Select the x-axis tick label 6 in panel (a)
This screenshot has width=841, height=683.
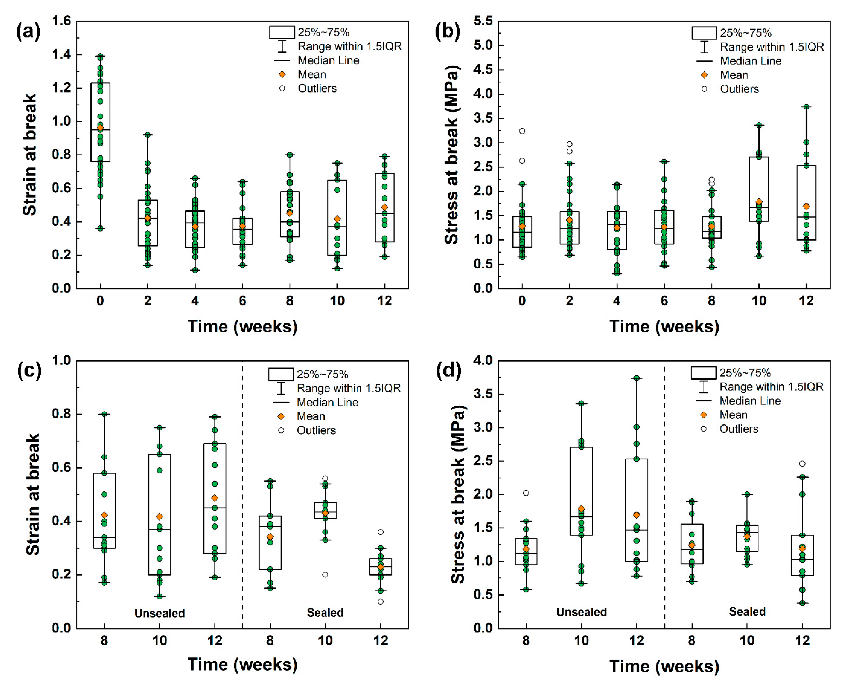pos(242,301)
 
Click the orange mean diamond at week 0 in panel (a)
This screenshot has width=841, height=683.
pos(100,128)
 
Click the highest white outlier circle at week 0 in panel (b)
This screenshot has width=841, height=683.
pos(522,131)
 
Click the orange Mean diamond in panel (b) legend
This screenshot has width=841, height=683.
pos(704,75)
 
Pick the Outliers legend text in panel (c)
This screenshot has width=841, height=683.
pos(316,430)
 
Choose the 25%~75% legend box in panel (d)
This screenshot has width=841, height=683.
pos(703,373)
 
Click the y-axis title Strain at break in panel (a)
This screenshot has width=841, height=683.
pos(30,155)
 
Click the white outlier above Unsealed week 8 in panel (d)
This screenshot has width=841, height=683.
pos(526,493)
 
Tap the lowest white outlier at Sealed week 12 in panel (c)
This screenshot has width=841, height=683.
pos(380,602)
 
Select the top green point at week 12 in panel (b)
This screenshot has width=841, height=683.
pos(806,107)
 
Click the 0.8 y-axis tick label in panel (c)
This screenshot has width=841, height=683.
pos(62,414)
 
